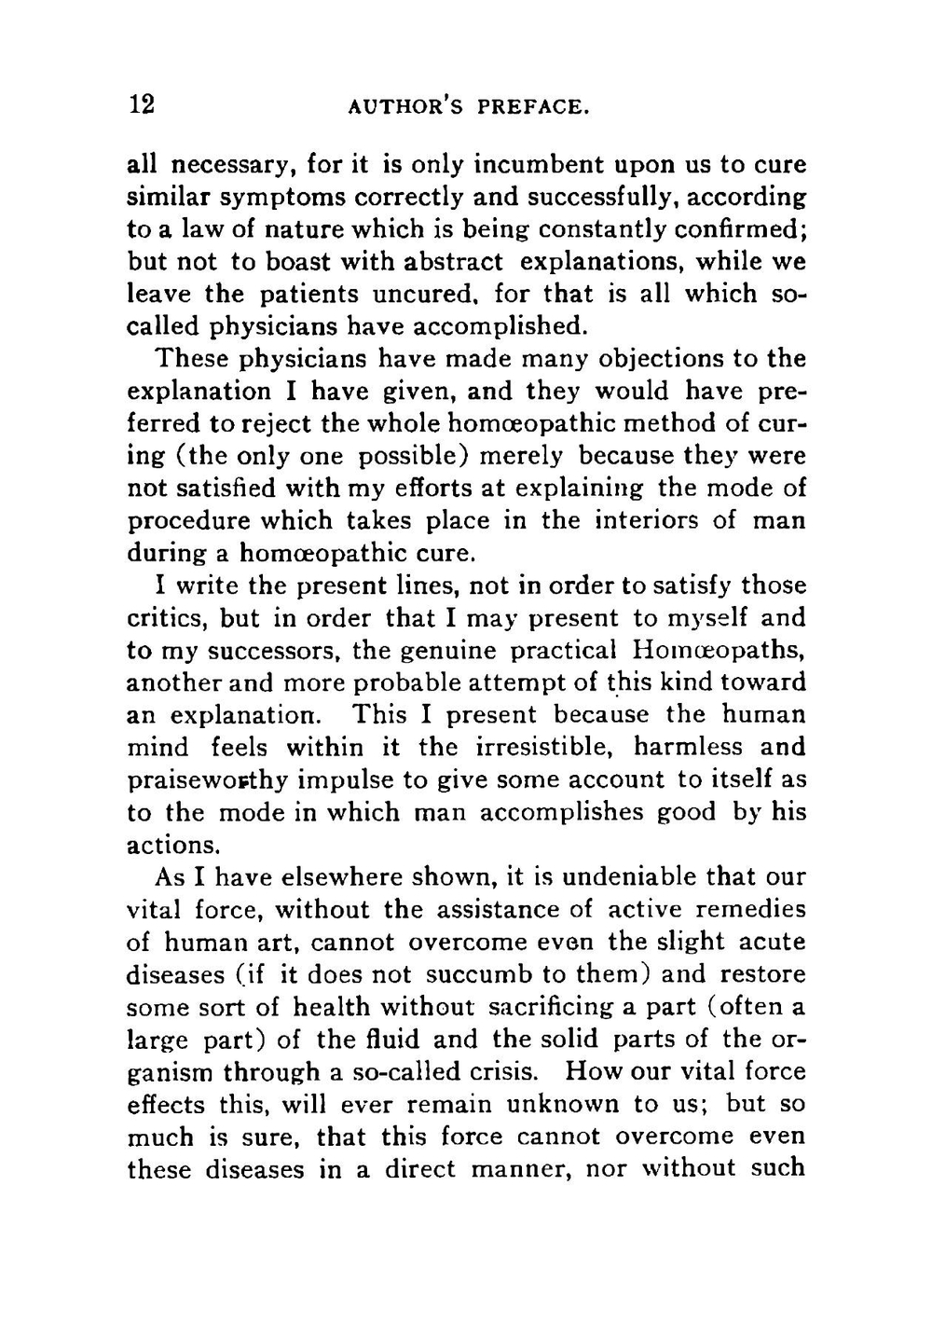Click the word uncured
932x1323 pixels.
426,295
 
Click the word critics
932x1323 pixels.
169,619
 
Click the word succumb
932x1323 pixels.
478,975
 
